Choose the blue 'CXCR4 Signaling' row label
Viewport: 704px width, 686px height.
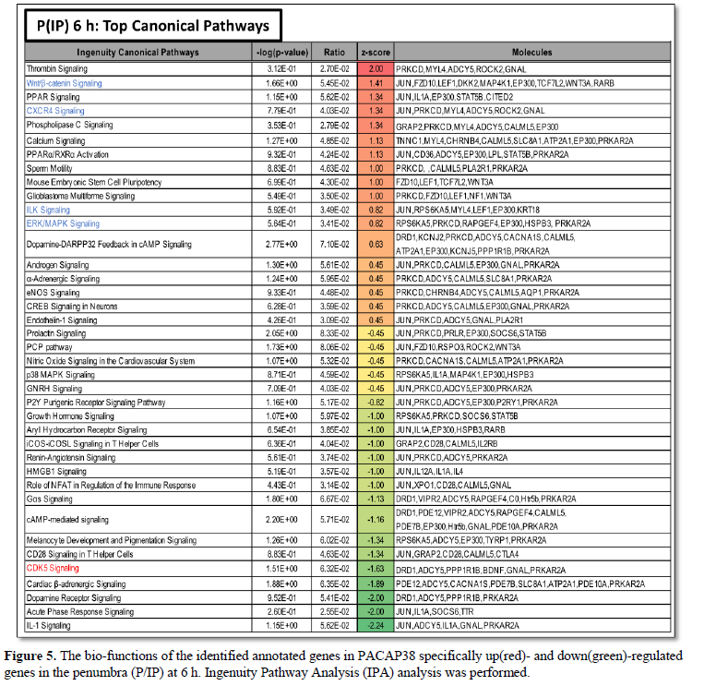[x=60, y=111]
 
